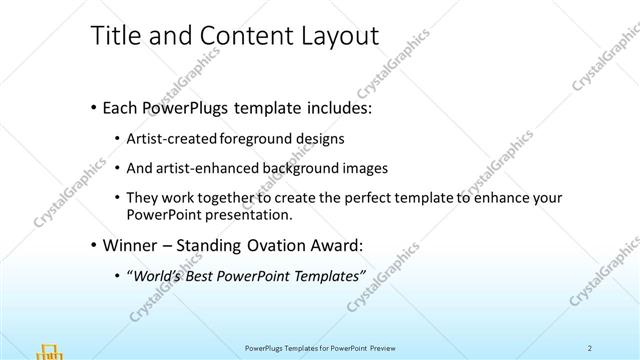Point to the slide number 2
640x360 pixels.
590,348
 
